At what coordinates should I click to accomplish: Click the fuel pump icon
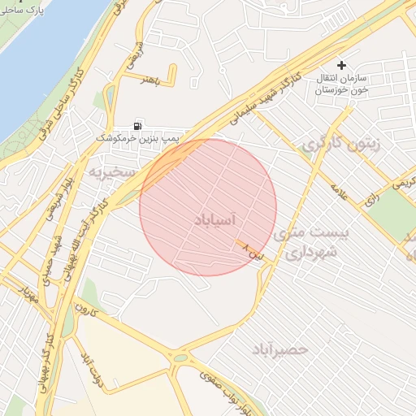tap(138, 126)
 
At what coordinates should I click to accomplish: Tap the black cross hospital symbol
tap(341, 64)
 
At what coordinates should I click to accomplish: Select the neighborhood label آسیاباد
tap(216, 219)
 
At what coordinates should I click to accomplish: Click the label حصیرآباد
tap(280, 349)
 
